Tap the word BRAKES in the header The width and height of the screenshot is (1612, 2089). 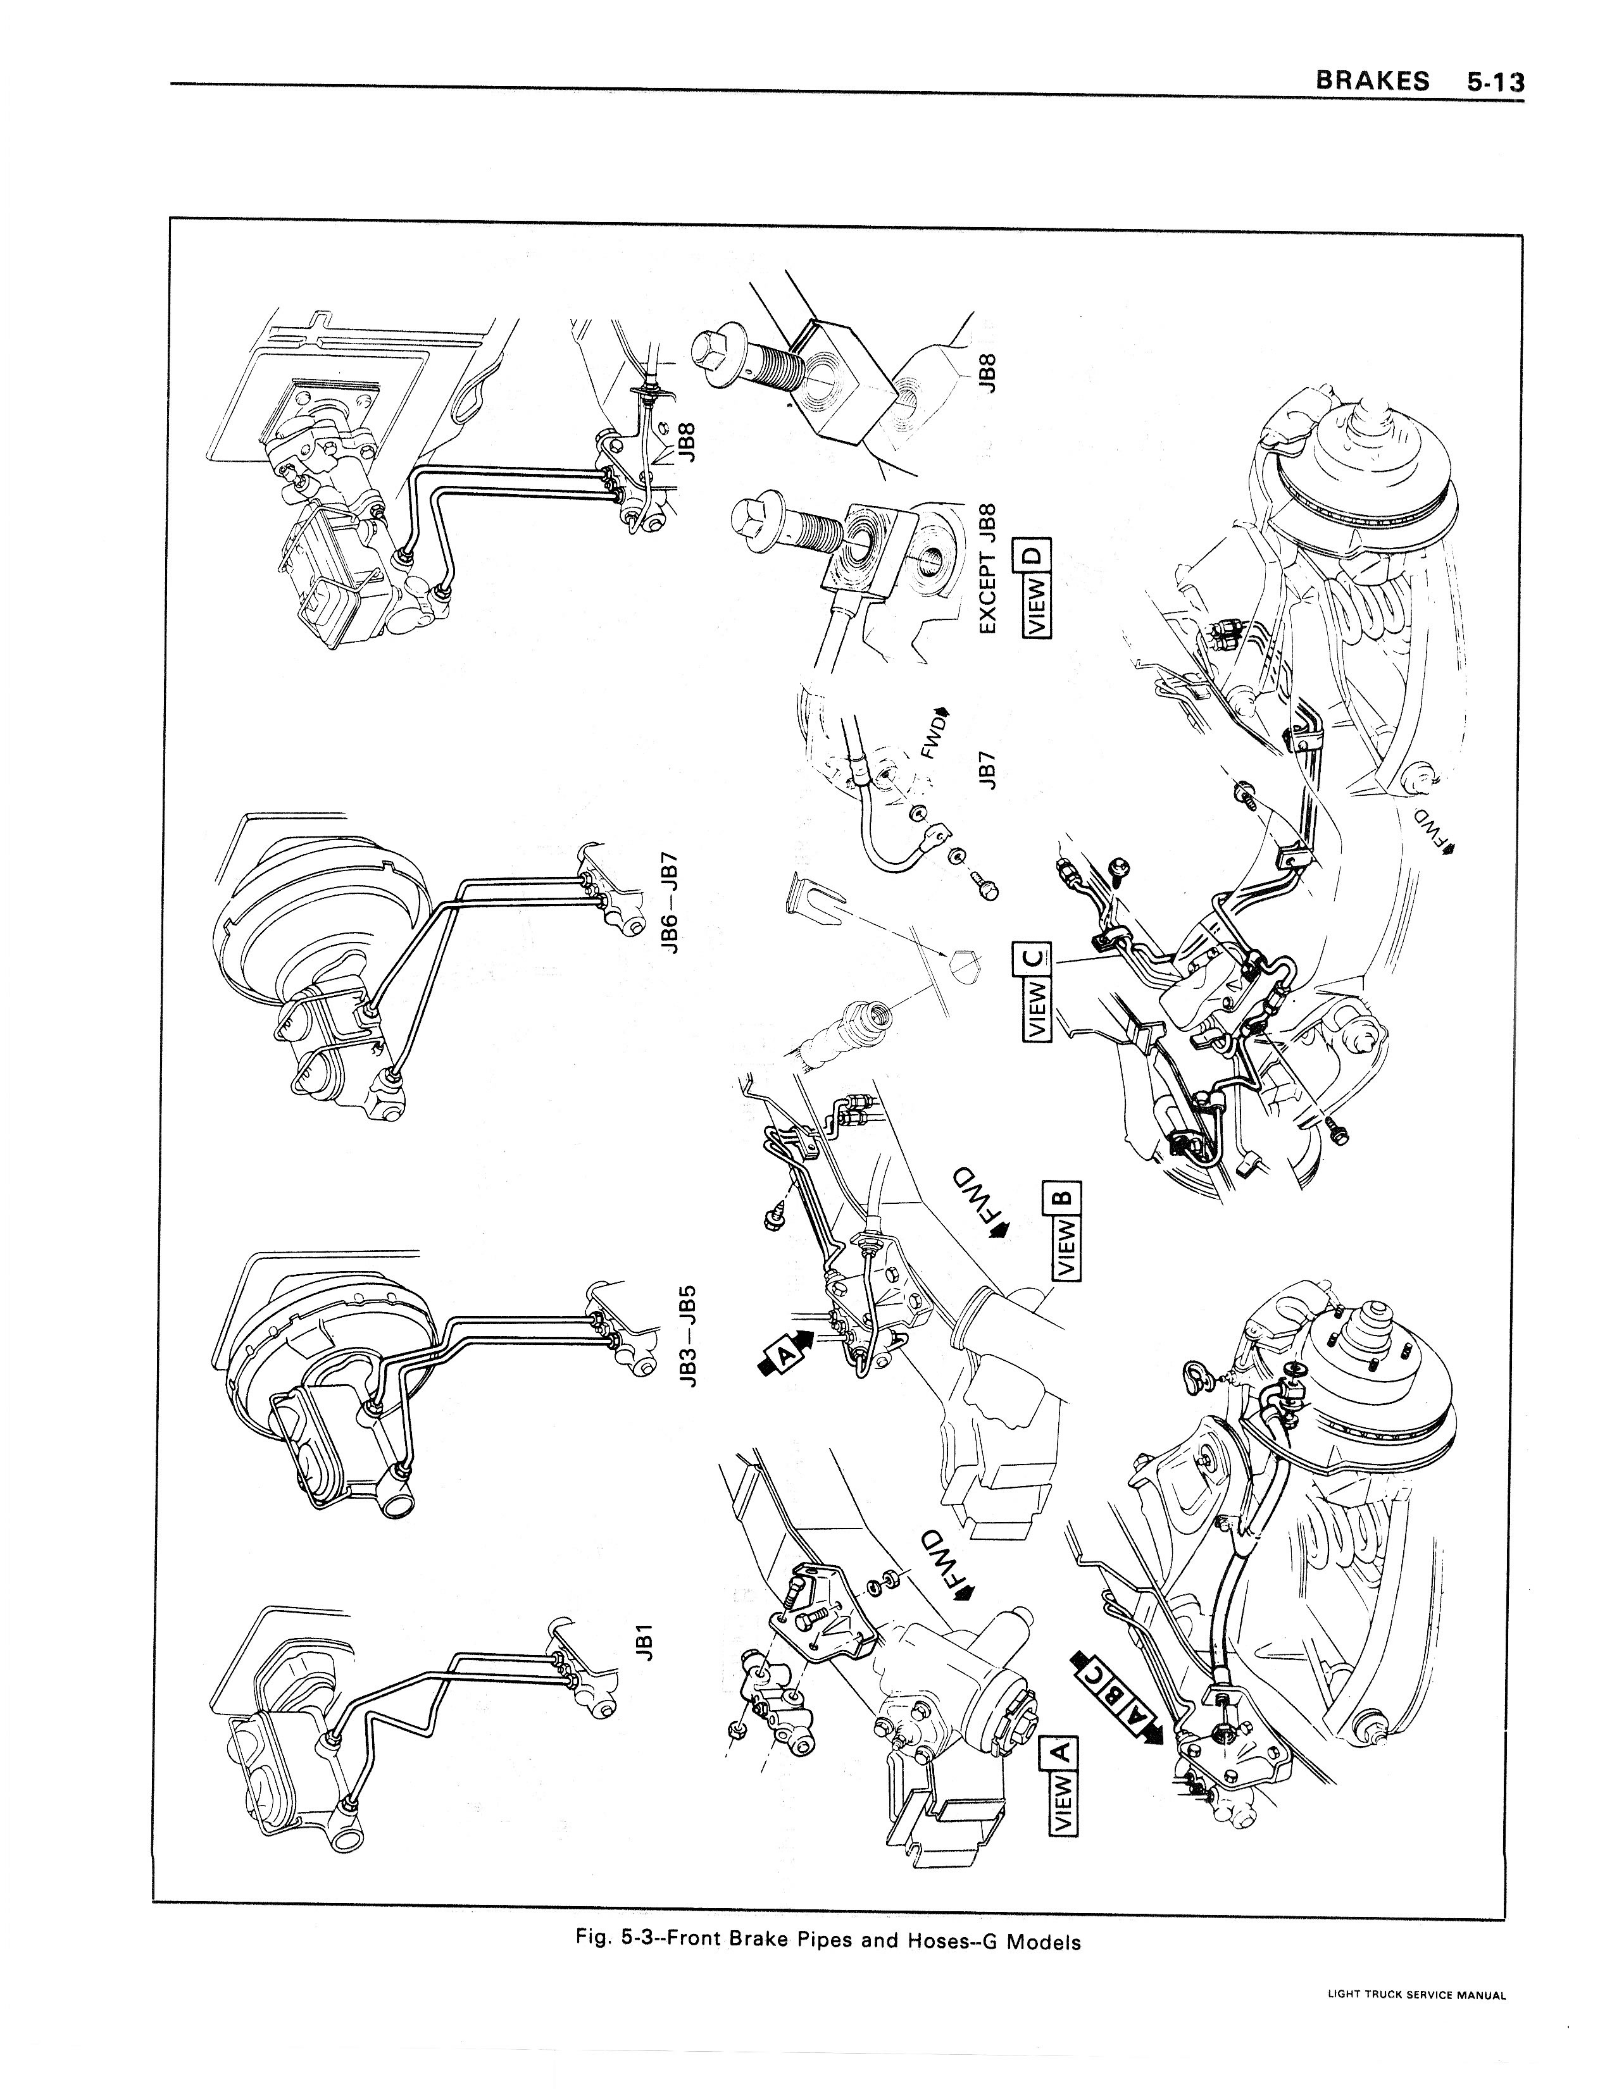point(1372,80)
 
